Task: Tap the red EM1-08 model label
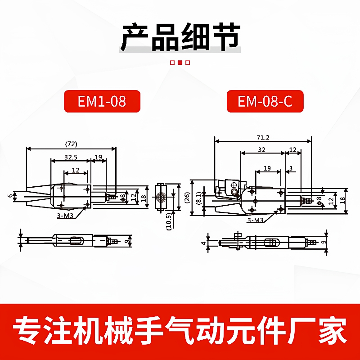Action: click(x=102, y=101)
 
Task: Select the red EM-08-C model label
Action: click(x=265, y=101)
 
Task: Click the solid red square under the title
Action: click(x=180, y=63)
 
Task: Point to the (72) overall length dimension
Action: click(x=71, y=144)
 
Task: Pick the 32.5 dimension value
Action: click(x=71, y=157)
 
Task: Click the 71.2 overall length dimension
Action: click(x=263, y=137)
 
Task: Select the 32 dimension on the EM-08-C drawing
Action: click(x=261, y=149)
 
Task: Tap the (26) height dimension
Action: click(x=187, y=197)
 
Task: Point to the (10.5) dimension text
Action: click(x=168, y=221)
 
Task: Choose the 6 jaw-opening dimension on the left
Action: click(x=9, y=196)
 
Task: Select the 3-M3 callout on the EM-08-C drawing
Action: click(x=255, y=220)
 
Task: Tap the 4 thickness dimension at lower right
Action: click(x=204, y=244)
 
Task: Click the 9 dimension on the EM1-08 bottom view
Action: click(x=129, y=241)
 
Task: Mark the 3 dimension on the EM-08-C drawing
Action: click(x=291, y=168)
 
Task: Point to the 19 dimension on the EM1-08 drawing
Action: click(x=98, y=157)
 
